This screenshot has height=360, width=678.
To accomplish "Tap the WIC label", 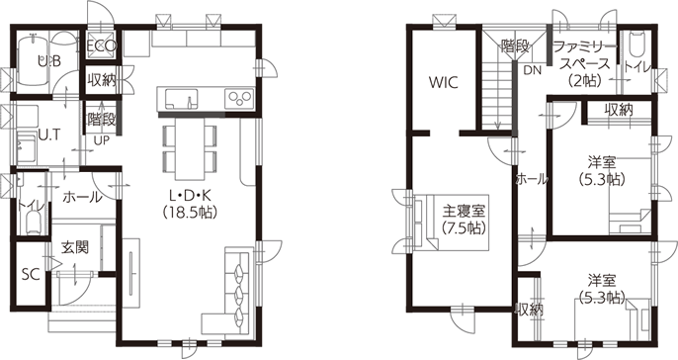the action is click(444, 82).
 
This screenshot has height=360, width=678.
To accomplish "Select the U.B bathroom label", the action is click(48, 61).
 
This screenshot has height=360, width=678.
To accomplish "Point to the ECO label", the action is click(102, 45).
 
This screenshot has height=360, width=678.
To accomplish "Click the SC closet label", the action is click(31, 274).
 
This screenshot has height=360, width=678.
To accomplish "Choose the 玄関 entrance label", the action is click(74, 247).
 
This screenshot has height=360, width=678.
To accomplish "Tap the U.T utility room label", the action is click(48, 135).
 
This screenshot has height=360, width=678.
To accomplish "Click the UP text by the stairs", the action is click(102, 140).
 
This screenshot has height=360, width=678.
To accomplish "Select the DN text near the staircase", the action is click(533, 70).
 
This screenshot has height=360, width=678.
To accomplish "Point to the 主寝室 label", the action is click(464, 212).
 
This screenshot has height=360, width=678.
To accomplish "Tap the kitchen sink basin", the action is click(181, 99).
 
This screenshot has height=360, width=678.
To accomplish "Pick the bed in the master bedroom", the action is click(451, 223).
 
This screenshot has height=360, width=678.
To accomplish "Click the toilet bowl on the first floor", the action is click(33, 223).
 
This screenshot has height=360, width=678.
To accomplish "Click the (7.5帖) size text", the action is click(464, 227).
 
